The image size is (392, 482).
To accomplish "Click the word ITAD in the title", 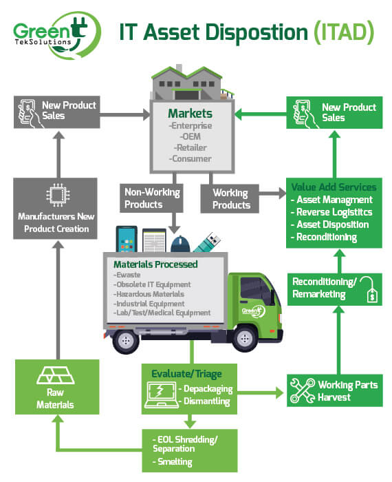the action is (344, 32).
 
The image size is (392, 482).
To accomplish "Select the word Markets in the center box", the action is (190, 114).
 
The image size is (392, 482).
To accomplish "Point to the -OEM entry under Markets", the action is (190, 136).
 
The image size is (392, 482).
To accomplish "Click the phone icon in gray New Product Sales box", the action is (29, 113).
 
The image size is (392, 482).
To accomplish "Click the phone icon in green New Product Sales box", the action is (303, 114).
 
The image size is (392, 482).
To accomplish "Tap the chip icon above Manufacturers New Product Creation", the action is (58, 195).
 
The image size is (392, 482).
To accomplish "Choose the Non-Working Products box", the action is (152, 198).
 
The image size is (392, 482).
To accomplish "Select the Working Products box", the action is (230, 198).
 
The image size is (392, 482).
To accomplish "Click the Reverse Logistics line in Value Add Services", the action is (331, 212).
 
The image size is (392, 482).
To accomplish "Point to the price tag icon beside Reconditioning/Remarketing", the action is (369, 289).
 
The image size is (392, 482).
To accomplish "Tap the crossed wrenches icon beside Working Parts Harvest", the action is (303, 390).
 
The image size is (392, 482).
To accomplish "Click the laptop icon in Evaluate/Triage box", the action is (162, 395).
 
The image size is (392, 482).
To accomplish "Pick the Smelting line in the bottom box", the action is (173, 461).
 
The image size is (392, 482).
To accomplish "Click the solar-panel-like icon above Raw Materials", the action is (56, 375).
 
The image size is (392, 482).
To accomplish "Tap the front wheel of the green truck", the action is (245, 339).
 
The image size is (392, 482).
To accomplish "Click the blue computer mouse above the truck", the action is (180, 244).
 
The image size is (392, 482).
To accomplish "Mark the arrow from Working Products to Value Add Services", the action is (272, 193).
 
